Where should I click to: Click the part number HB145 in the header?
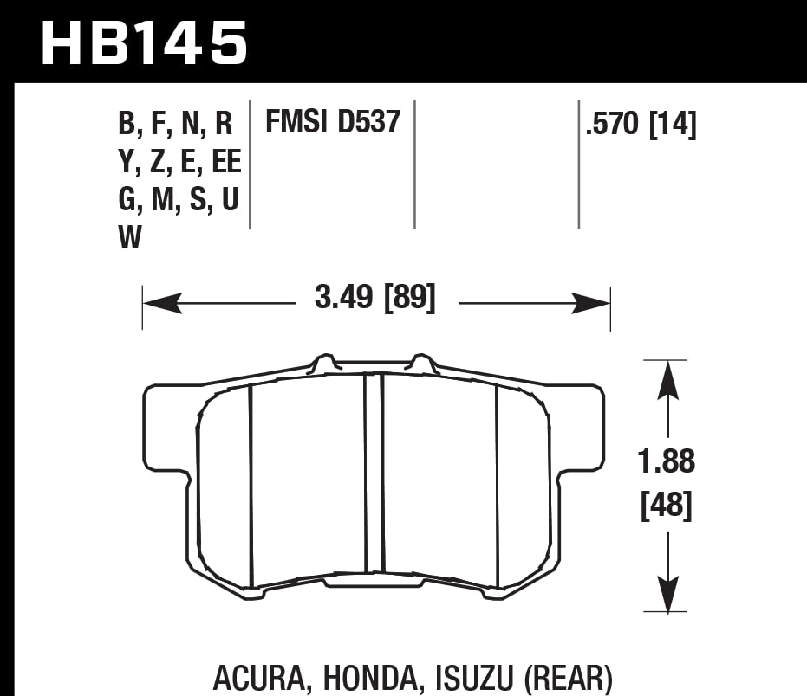tap(144, 43)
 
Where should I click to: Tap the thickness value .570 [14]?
tap(641, 125)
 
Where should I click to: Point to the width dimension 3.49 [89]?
tap(375, 300)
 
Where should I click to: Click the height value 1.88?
tap(666, 462)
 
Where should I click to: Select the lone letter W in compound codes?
tap(130, 238)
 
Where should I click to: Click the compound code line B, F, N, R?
tap(176, 125)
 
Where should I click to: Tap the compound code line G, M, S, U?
tap(178, 201)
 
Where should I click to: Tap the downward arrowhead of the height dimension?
tap(666, 592)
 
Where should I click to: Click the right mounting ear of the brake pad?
tap(582, 429)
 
